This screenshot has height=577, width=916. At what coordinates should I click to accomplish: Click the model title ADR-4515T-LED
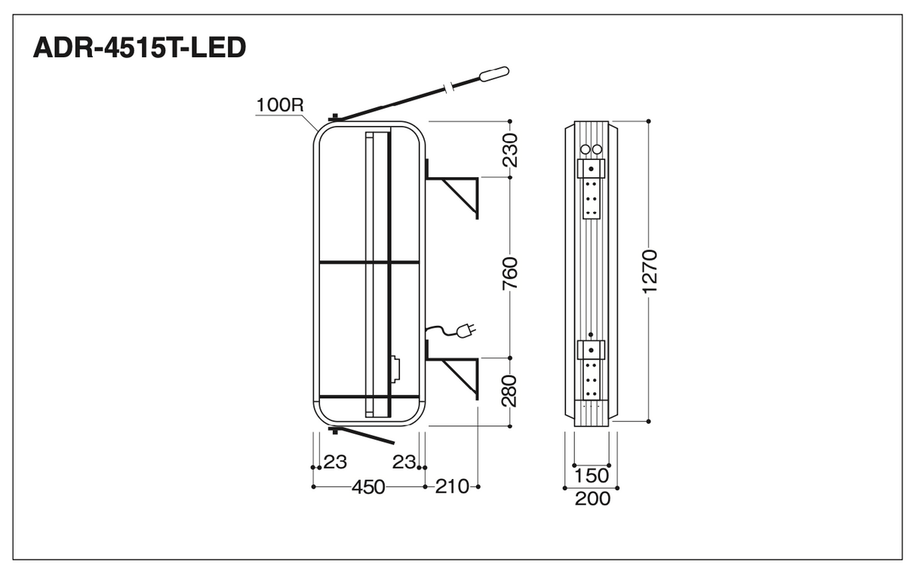coord(140,48)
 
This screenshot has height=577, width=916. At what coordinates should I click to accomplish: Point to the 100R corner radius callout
coord(280,105)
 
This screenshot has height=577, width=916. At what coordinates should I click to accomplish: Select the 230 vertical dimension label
coord(510,149)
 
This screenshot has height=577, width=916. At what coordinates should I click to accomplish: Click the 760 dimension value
coord(510,273)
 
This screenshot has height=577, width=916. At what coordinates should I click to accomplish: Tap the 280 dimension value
coord(510,390)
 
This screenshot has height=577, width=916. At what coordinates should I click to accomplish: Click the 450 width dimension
coord(368,486)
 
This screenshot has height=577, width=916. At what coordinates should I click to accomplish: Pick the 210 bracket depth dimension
coord(452,486)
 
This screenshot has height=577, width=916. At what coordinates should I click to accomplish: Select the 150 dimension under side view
coord(592,476)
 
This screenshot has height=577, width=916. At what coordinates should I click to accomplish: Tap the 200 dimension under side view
coord(592,499)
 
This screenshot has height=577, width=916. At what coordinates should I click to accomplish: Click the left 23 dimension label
coord(335,462)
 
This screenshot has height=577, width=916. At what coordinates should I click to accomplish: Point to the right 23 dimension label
coord(404,462)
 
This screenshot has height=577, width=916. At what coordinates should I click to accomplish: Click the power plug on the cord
coord(466,330)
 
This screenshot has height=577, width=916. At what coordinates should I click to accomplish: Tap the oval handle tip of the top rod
coord(494,74)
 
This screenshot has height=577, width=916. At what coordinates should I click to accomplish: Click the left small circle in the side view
coord(586,149)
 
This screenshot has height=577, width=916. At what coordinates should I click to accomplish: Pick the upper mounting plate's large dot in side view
coord(591,169)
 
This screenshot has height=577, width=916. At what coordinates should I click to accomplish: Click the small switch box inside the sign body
coord(396,370)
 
